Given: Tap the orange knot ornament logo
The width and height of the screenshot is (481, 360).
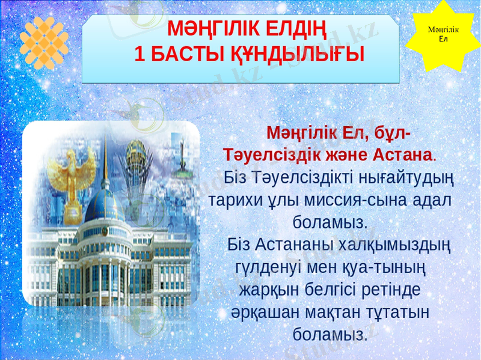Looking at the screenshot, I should coord(44,43).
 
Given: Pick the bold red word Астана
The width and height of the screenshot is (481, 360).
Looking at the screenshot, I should coord(402,154).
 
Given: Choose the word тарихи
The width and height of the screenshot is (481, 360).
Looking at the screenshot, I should coord(233,200).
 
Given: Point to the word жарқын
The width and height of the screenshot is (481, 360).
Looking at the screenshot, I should coord(267,289).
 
